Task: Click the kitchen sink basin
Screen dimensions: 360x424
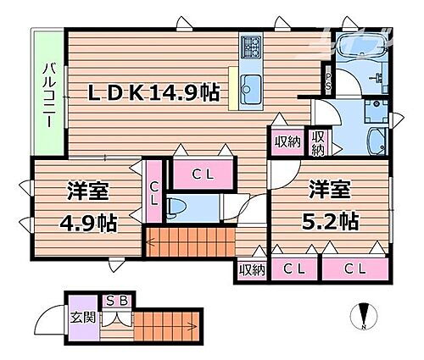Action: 252,85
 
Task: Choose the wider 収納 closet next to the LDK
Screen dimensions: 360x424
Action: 286,141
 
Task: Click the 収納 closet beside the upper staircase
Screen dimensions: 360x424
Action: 250,270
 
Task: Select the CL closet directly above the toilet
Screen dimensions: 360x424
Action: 203,174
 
